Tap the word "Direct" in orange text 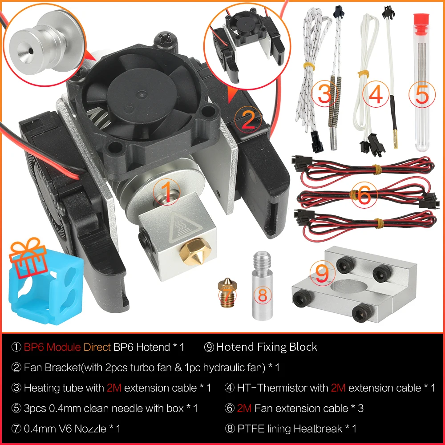coord(97,347)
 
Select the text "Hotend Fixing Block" coord(267,347)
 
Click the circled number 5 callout coord(421,94)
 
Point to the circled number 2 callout coord(248,118)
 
